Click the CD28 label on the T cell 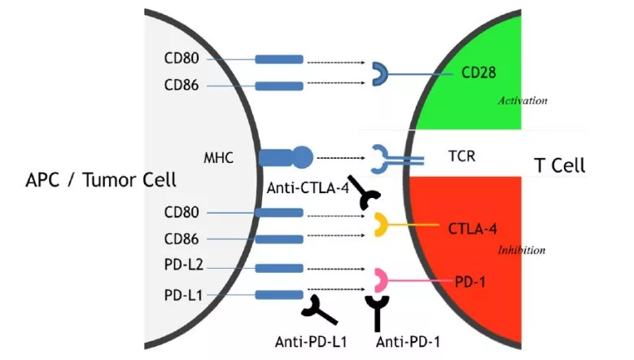coord(479,73)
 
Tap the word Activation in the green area coord(523,101)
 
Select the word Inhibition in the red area coord(521,250)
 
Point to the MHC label coord(219,156)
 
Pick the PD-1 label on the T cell coord(470,282)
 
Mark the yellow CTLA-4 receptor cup coord(380,225)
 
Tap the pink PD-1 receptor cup coord(379,281)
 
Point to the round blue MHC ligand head coord(301,156)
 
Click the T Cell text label coord(559,165)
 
